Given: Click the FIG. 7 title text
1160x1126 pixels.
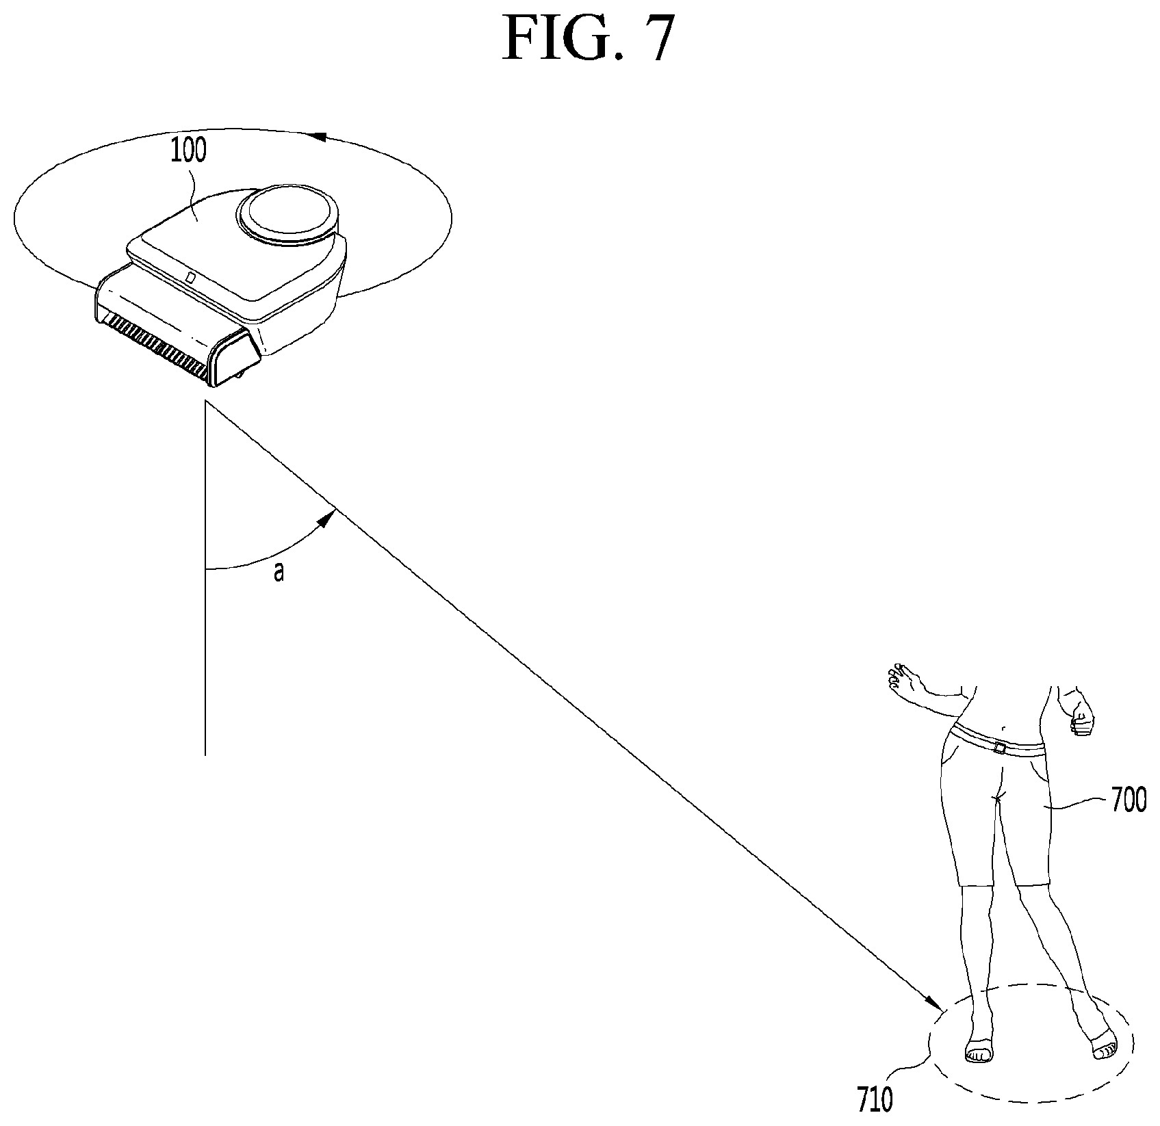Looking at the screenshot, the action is pos(589,39).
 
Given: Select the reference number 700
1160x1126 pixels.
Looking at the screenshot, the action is pos(1129,801).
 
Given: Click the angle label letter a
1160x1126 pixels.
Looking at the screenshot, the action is pos(279,573).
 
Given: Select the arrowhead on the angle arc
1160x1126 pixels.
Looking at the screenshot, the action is pos(327,515).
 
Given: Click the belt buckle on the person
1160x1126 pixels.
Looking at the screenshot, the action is pos(1000,748).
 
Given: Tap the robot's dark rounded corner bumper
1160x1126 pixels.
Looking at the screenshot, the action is pos(235,358).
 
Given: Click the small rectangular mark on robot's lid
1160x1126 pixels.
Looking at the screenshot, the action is pos(191,278).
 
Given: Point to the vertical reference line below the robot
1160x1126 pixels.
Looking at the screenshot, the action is pos(205,579).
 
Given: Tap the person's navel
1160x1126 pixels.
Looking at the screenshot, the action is pos(1003,729).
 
